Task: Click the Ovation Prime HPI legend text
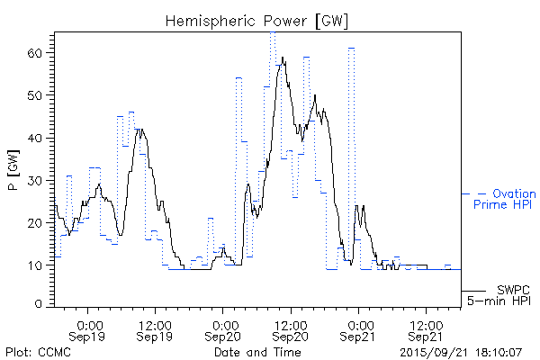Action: (504, 200)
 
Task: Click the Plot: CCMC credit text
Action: (38, 352)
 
